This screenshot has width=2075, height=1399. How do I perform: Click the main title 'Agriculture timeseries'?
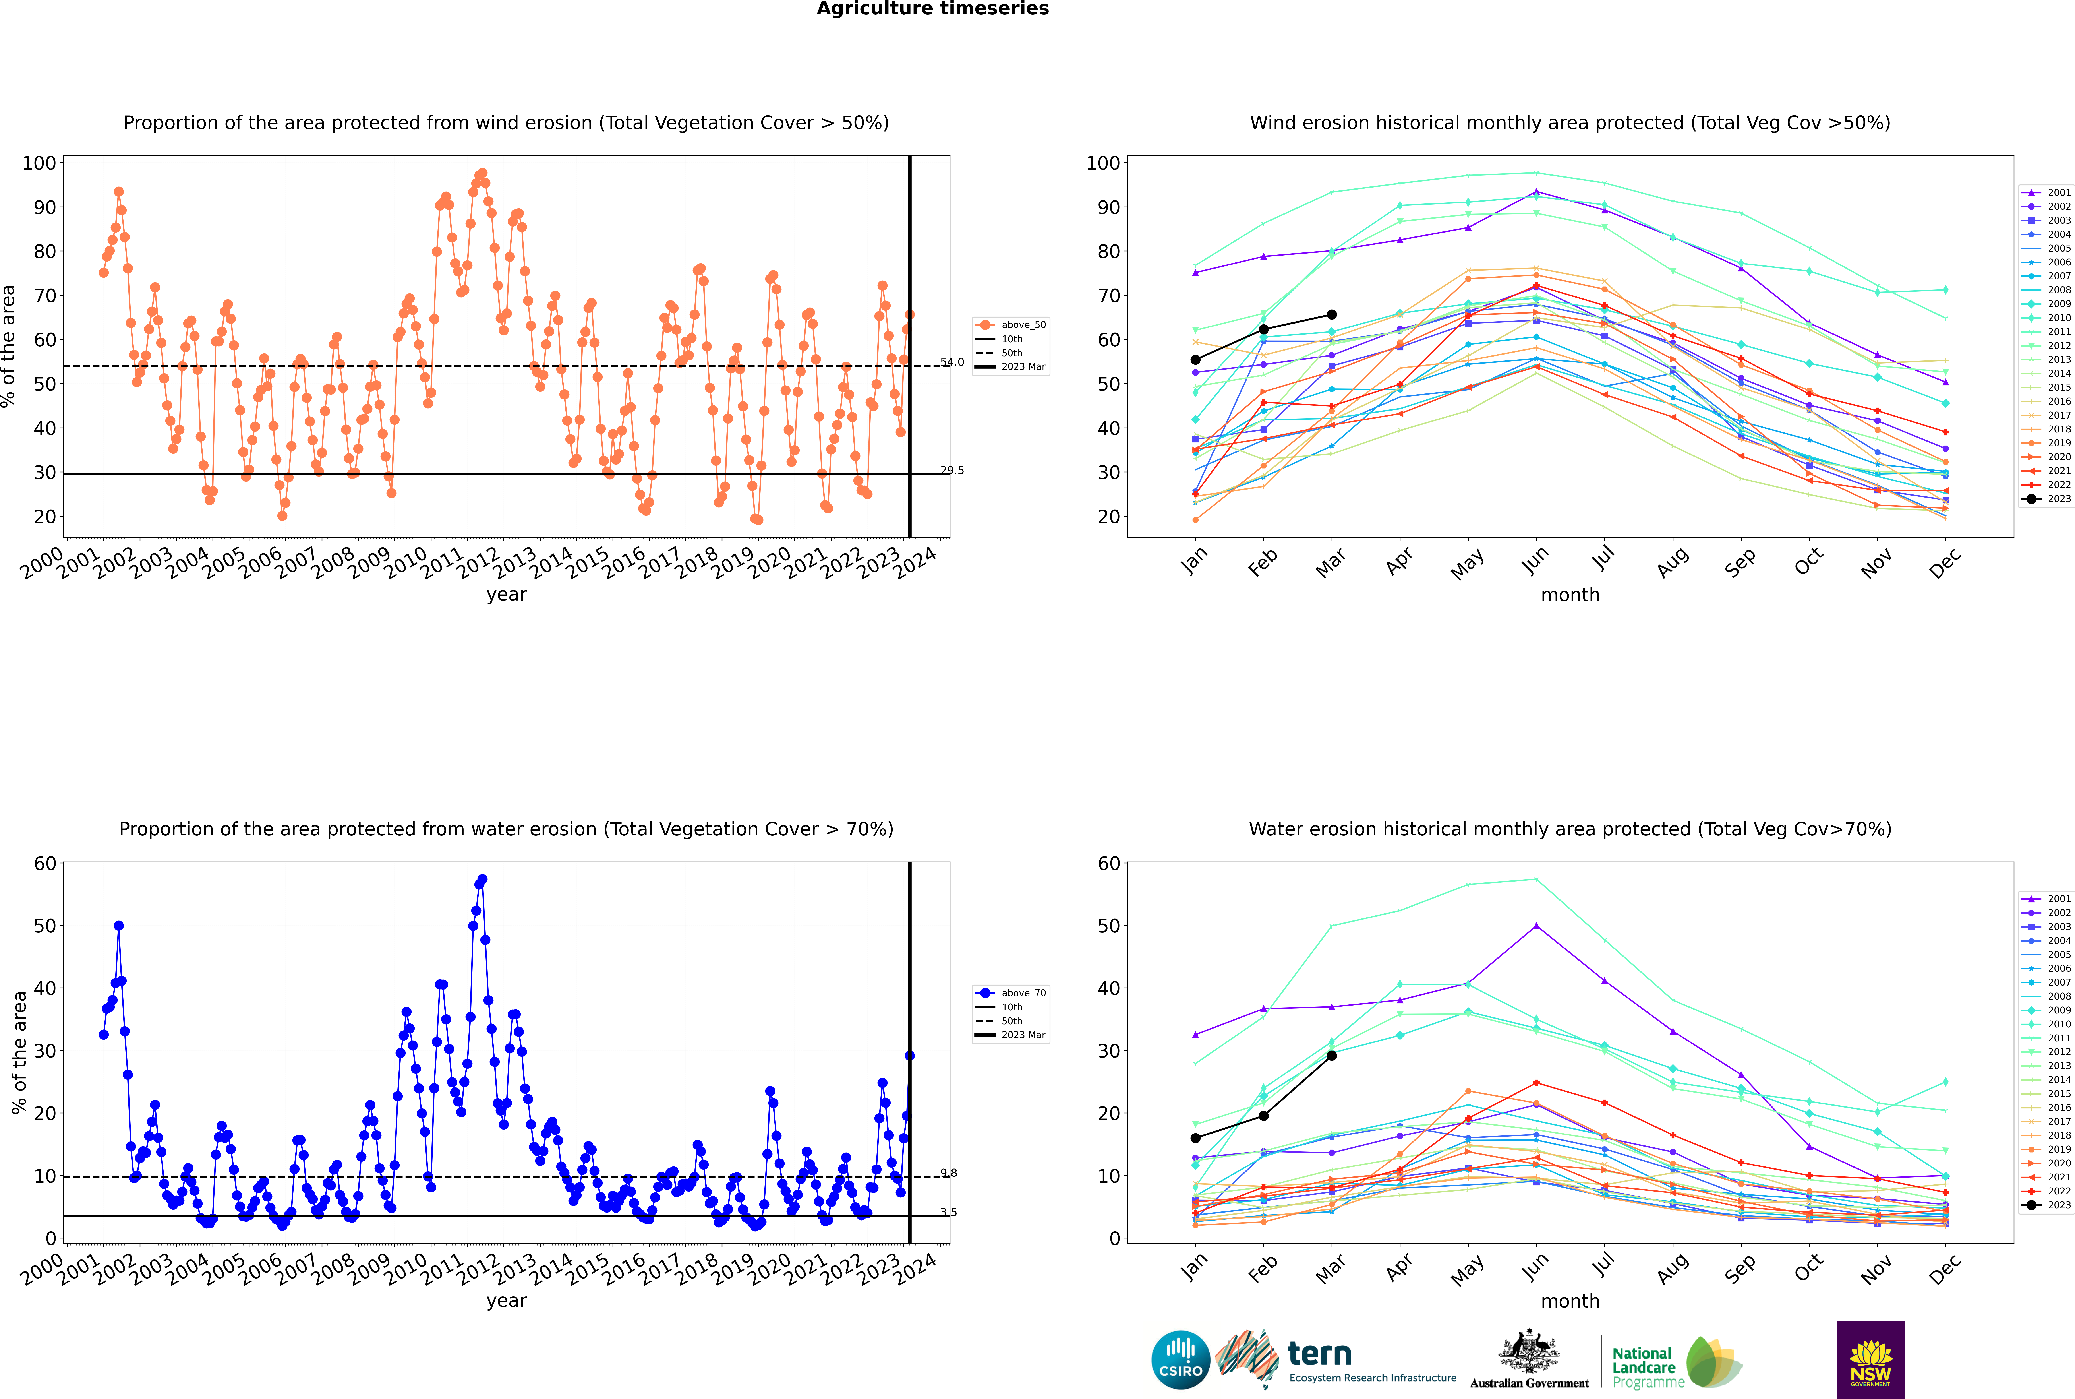[x=932, y=9]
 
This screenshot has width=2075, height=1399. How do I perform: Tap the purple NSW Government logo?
[x=1871, y=1359]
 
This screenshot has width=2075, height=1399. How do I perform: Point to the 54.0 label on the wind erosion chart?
[x=952, y=362]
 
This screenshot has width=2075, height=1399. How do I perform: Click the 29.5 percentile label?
[x=952, y=470]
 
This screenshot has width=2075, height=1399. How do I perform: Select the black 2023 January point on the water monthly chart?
[x=1195, y=1138]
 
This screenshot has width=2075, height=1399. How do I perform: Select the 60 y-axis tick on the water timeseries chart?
[x=44, y=864]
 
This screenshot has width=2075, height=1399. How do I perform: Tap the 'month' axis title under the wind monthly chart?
[x=1570, y=595]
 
